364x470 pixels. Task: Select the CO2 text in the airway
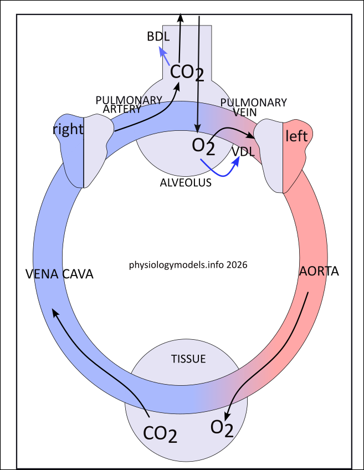pyautogui.click(x=187, y=72)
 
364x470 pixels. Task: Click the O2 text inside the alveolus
pyautogui.click(x=203, y=146)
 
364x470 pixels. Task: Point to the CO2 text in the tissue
pyautogui.click(x=160, y=433)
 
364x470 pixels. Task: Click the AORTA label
pyautogui.click(x=319, y=272)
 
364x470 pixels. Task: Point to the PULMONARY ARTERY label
pyautogui.click(x=129, y=104)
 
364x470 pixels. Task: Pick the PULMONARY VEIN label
pyautogui.click(x=253, y=107)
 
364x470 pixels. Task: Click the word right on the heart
pyautogui.click(x=68, y=130)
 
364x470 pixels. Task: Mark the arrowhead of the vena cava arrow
pyautogui.click(x=54, y=312)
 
